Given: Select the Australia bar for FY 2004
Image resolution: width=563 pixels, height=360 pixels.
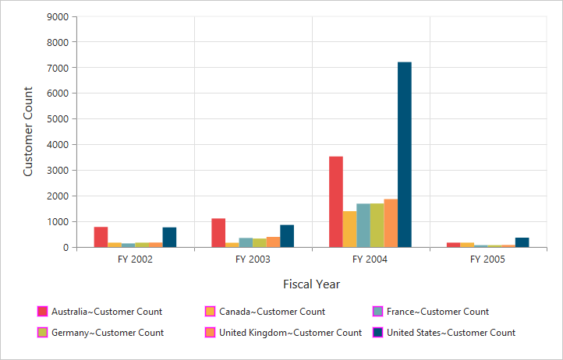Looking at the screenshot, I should tap(314, 202).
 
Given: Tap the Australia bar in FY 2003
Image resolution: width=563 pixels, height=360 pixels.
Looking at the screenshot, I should tap(218, 233).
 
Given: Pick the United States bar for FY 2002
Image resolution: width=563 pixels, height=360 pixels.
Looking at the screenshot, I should tap(169, 237).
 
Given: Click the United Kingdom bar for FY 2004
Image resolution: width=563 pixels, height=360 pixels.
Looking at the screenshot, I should tap(391, 223).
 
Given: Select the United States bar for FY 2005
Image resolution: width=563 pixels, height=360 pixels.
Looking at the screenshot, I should tap(522, 242).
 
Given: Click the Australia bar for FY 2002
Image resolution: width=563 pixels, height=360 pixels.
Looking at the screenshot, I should tap(101, 237).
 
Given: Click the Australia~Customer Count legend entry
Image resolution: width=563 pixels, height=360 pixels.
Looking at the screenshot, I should tap(106, 312).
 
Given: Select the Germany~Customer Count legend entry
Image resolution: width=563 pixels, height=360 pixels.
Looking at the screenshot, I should tap(107, 333).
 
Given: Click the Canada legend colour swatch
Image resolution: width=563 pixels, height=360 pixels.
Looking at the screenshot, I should tap(210, 312).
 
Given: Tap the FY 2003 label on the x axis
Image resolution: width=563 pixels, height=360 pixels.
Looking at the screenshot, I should tap(253, 259).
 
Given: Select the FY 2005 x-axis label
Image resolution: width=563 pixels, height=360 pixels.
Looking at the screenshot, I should tap(488, 259).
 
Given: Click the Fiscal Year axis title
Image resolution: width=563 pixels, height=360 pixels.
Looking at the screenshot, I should tap(311, 284).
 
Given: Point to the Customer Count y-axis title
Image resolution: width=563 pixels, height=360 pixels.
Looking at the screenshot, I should tap(28, 132).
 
